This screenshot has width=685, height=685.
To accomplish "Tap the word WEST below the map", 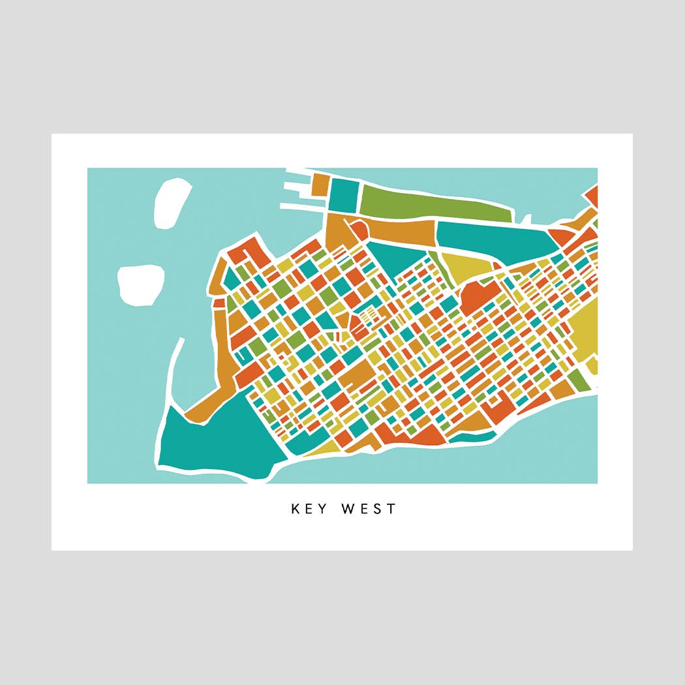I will (368, 509).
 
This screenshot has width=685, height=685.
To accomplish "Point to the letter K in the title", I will (296, 509).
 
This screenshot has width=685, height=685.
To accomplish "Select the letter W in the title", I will (348, 509).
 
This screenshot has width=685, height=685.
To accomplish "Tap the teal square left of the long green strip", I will (344, 194).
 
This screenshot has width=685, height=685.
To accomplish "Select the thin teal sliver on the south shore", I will (472, 436).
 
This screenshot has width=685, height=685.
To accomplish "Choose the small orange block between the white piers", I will (319, 184).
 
